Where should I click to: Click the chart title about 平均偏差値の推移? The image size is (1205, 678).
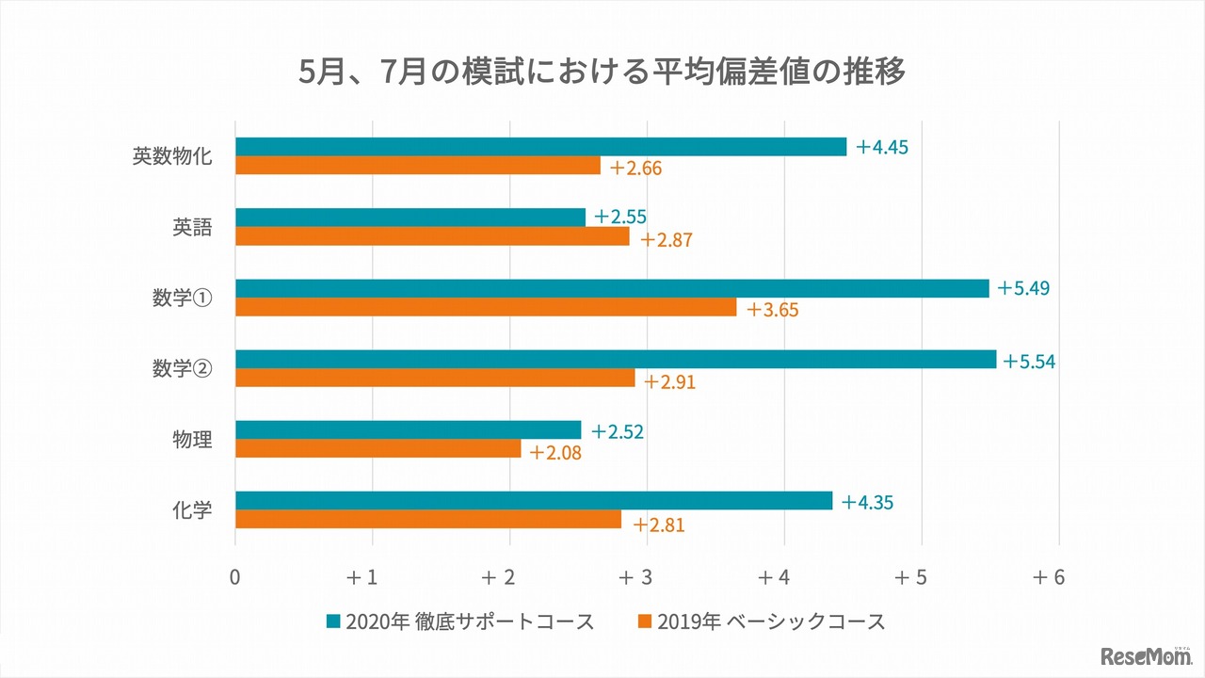[602, 72]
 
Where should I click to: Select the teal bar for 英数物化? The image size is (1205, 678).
[540, 147]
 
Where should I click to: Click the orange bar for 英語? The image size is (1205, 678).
[432, 236]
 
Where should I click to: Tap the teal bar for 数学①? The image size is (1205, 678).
[612, 288]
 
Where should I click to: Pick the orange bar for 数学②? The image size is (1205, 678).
[435, 378]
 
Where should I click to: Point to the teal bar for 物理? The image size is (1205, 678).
[408, 430]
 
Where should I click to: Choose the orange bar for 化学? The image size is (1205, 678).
[428, 519]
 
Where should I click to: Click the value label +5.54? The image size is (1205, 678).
[1029, 361]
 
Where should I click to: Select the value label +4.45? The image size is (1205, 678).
[881, 148]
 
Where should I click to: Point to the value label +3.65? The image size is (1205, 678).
[772, 310]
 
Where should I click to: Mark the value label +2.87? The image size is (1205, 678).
[667, 239]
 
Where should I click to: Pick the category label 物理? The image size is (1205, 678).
[192, 439]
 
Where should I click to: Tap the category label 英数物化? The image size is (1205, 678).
[172, 156]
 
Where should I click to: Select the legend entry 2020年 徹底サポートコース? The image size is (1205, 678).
[460, 621]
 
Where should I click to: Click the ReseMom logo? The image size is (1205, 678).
[1141, 654]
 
